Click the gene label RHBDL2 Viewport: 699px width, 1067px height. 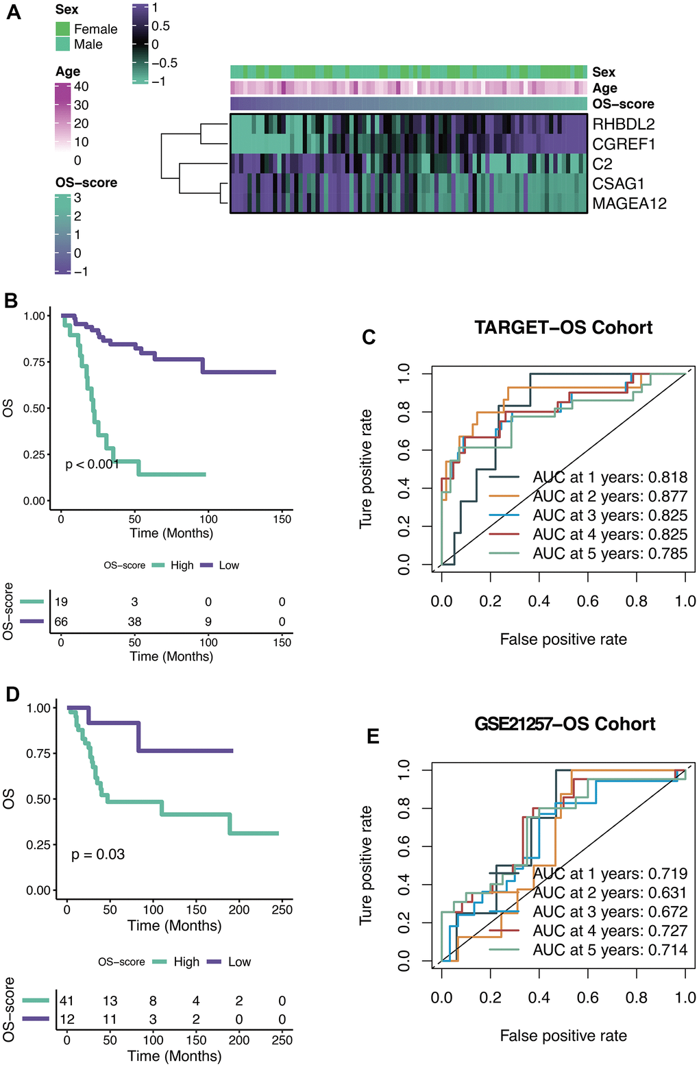tap(623, 124)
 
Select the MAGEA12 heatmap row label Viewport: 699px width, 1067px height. tap(629, 204)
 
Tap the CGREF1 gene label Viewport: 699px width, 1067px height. tap(624, 144)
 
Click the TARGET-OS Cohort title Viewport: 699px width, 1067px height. tap(563, 328)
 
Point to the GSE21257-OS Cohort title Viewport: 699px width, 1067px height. tap(565, 724)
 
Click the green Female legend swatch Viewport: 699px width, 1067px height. tap(63, 29)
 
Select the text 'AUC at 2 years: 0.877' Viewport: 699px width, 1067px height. tap(610, 496)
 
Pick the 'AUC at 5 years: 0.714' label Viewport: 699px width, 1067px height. tap(610, 950)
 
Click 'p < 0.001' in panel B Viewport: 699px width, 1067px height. tap(93, 465)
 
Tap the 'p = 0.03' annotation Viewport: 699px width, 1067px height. tap(98, 855)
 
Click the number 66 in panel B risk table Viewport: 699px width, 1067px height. tap(61, 622)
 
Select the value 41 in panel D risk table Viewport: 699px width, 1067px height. tap(66, 1001)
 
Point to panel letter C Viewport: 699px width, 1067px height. tap(369, 337)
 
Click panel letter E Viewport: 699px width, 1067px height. tap(373, 737)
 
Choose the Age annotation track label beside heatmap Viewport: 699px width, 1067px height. tap(604, 88)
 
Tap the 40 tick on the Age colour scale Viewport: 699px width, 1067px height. tap(81, 86)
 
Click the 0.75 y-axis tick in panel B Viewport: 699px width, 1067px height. tap(35, 362)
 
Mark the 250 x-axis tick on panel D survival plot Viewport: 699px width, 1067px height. tap(282, 910)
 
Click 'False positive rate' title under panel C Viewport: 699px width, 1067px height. tap(563, 639)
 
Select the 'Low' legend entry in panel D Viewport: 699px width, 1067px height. tap(239, 962)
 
